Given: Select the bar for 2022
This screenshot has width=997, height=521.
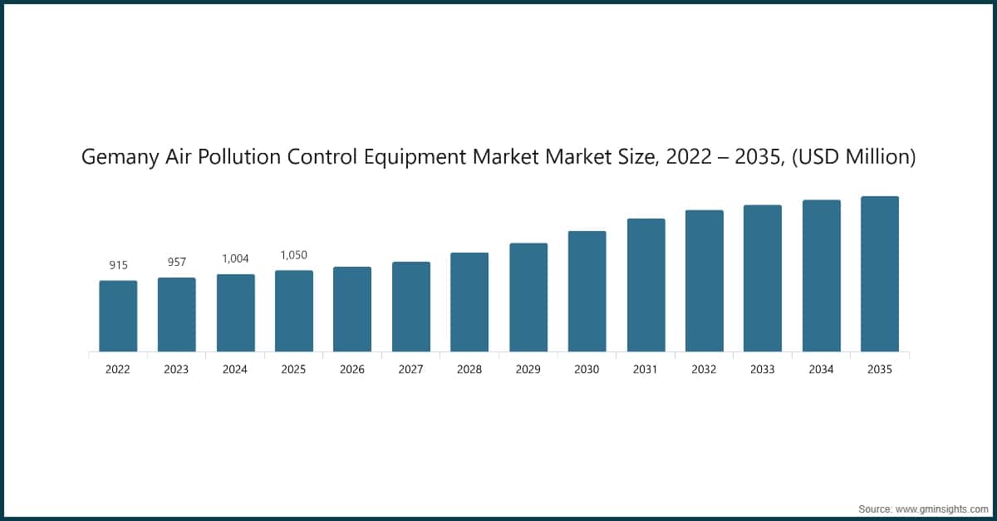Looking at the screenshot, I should tap(118, 316).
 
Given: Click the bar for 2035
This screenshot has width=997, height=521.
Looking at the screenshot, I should tap(879, 274).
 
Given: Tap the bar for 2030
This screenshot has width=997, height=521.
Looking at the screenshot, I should tap(587, 291).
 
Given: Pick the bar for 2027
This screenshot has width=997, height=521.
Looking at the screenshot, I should tap(411, 307).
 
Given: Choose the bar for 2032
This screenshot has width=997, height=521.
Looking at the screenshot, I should tap(704, 281).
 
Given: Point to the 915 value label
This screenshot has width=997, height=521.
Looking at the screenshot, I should tap(118, 265).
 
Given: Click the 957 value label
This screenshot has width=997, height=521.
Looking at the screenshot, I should tap(177, 262).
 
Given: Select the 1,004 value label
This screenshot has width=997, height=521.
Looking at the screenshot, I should tap(235, 258).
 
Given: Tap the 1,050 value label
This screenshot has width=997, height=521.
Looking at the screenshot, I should tap(294, 255).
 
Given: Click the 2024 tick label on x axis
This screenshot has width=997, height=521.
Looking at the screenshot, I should tap(235, 370).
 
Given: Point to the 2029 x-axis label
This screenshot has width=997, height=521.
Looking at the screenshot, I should tap(528, 370).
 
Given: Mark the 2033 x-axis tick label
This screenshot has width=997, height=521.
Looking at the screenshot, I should tap(763, 370).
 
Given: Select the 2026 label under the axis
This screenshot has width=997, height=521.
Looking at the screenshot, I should tap(352, 370).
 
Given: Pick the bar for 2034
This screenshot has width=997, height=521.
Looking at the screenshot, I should tap(821, 276).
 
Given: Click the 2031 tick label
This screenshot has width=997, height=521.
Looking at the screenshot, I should tap(646, 370).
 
